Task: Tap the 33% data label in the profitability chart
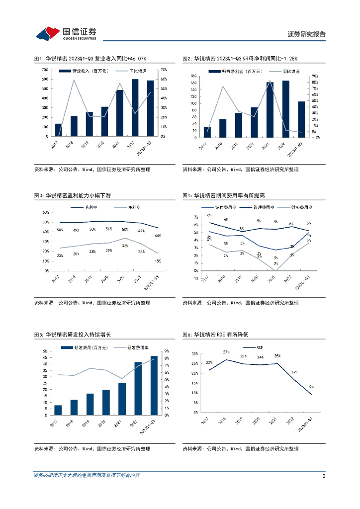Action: point(125,246)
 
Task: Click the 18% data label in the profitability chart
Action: point(158,260)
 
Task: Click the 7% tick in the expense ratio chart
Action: point(195,217)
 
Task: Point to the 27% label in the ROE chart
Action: point(226,352)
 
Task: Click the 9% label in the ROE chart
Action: point(311,386)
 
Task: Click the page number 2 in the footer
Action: point(324,476)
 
